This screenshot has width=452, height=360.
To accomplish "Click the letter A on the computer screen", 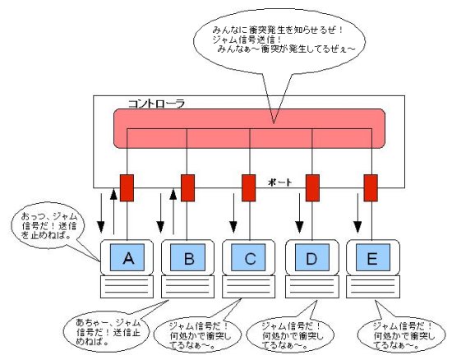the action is coord(128,258).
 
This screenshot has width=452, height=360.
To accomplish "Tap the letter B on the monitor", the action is coord(189,259).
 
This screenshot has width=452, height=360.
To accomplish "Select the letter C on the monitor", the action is coord(250,259).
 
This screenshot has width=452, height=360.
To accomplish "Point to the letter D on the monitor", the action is coord(311,259).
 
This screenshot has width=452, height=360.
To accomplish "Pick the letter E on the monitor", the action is coord(372,259).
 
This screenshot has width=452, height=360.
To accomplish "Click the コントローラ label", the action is coord(156,104).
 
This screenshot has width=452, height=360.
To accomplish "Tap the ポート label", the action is coord(280,182).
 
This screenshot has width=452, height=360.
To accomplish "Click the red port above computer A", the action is coord(127,187).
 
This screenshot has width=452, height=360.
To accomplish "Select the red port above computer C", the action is coord(248,187).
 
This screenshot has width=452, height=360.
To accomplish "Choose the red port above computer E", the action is coord(371,187).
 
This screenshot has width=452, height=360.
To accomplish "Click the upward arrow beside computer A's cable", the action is coord(114,211).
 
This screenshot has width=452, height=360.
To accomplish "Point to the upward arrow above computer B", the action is coord(173,211).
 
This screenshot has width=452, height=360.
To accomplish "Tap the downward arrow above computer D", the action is coord(299,213).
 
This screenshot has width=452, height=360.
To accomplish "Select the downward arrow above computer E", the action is coord(357,213).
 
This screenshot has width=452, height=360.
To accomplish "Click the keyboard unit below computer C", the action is coord(248,287).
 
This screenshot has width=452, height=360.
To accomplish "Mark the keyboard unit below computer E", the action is coord(373,287).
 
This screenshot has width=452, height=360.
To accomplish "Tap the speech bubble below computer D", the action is coord(290,335).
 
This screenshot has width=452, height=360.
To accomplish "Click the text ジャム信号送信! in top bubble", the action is coord(247,39).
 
